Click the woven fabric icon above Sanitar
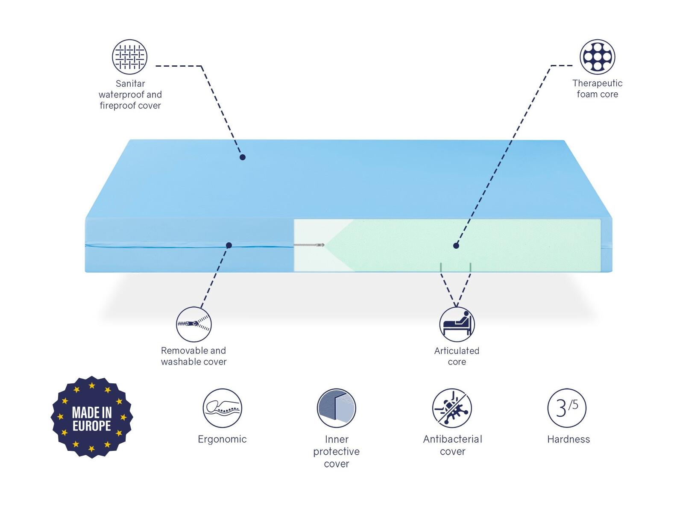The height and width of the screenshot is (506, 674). click(129, 57)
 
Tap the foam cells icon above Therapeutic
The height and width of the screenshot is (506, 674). click(597, 57)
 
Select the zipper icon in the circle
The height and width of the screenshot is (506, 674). click(194, 324)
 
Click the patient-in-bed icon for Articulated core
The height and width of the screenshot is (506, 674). click(457, 324)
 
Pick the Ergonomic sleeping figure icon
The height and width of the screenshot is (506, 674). click(222, 408)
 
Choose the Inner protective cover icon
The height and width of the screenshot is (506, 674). click(336, 408)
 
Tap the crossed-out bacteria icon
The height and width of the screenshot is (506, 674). click(452, 408)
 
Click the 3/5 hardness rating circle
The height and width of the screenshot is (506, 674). click(567, 408)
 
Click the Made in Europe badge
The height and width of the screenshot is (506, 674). click(92, 417)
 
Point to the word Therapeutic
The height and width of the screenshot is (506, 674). click(597, 83)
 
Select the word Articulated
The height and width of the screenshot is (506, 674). click(457, 350)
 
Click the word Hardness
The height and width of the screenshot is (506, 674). click(569, 439)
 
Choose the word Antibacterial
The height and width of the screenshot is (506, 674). click(452, 439)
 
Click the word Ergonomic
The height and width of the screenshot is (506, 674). click(222, 439)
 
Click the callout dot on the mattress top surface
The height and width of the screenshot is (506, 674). click(243, 157)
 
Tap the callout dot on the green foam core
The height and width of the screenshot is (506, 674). click(456, 246)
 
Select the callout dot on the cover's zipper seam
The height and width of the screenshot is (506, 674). click(229, 245)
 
